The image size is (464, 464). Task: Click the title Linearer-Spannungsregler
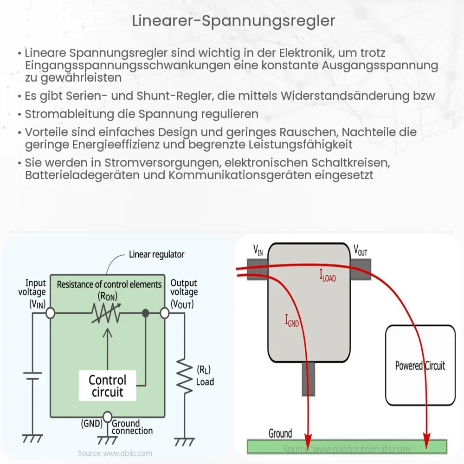[232, 21]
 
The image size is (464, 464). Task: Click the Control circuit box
[107, 386]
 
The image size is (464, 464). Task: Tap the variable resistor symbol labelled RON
[107, 314]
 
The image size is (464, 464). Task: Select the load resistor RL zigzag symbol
[185, 377]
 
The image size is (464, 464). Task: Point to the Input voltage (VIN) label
[36, 292]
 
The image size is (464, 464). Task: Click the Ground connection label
[132, 427]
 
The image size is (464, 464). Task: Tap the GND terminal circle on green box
[107, 416]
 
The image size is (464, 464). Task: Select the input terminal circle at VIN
[50, 314]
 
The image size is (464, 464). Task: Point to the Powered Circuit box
[420, 365]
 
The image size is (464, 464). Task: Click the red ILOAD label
[328, 277]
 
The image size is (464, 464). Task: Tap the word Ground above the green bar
[280, 433]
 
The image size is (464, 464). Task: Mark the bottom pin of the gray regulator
[308, 379]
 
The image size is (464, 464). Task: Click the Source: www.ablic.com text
[115, 453]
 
